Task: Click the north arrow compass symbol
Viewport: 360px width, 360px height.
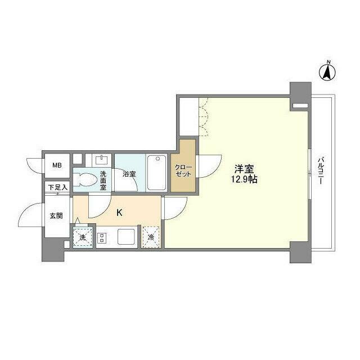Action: point(328,71)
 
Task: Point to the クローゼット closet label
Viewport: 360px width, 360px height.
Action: point(183,170)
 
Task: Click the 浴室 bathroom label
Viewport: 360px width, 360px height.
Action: point(129,174)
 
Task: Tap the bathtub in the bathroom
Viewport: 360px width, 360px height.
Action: point(156,173)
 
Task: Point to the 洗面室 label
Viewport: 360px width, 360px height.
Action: point(103,180)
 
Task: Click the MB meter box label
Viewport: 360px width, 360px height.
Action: point(57,165)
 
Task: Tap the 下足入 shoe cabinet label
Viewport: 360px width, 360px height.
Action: point(57,187)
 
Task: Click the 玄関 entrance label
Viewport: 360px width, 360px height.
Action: point(56,215)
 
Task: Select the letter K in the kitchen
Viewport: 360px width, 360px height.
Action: point(119,213)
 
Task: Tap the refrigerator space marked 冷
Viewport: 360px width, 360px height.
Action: point(151,237)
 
